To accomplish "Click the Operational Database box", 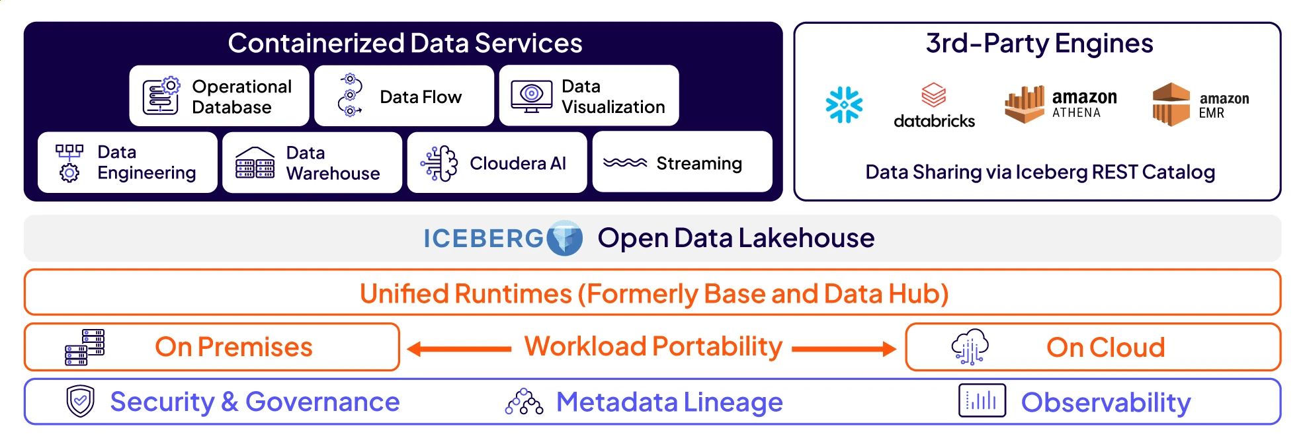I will [219, 96].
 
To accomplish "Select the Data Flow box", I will [403, 96].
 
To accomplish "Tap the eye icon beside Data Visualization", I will [531, 96].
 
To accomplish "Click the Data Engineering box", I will [127, 163].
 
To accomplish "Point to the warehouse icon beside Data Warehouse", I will [255, 163].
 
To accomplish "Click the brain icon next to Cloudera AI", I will [439, 163].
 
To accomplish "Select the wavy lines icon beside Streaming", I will [624, 163].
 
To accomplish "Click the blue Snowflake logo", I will [844, 104].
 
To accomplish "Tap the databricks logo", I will [933, 106].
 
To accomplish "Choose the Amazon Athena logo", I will [1060, 104].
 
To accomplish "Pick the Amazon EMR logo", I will [1200, 104].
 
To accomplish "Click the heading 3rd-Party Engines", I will [1039, 44].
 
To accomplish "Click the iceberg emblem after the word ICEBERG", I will [564, 238].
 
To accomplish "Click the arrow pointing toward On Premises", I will [459, 348].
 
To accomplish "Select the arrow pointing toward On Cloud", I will [844, 348].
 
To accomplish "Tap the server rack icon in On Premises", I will [85, 347].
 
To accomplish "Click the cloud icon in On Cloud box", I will [970, 346].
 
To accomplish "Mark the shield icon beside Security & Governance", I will [81, 401].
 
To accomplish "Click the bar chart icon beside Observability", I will [982, 400].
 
